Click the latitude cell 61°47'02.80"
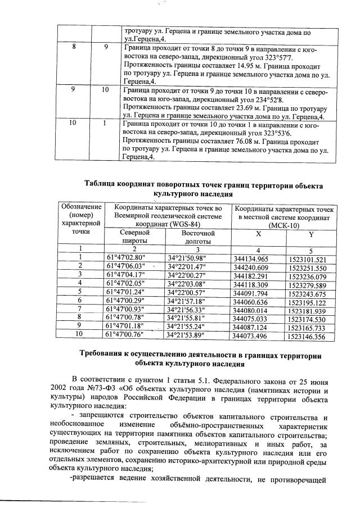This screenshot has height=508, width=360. click(125, 258)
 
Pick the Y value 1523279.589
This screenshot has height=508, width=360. click(306, 284)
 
